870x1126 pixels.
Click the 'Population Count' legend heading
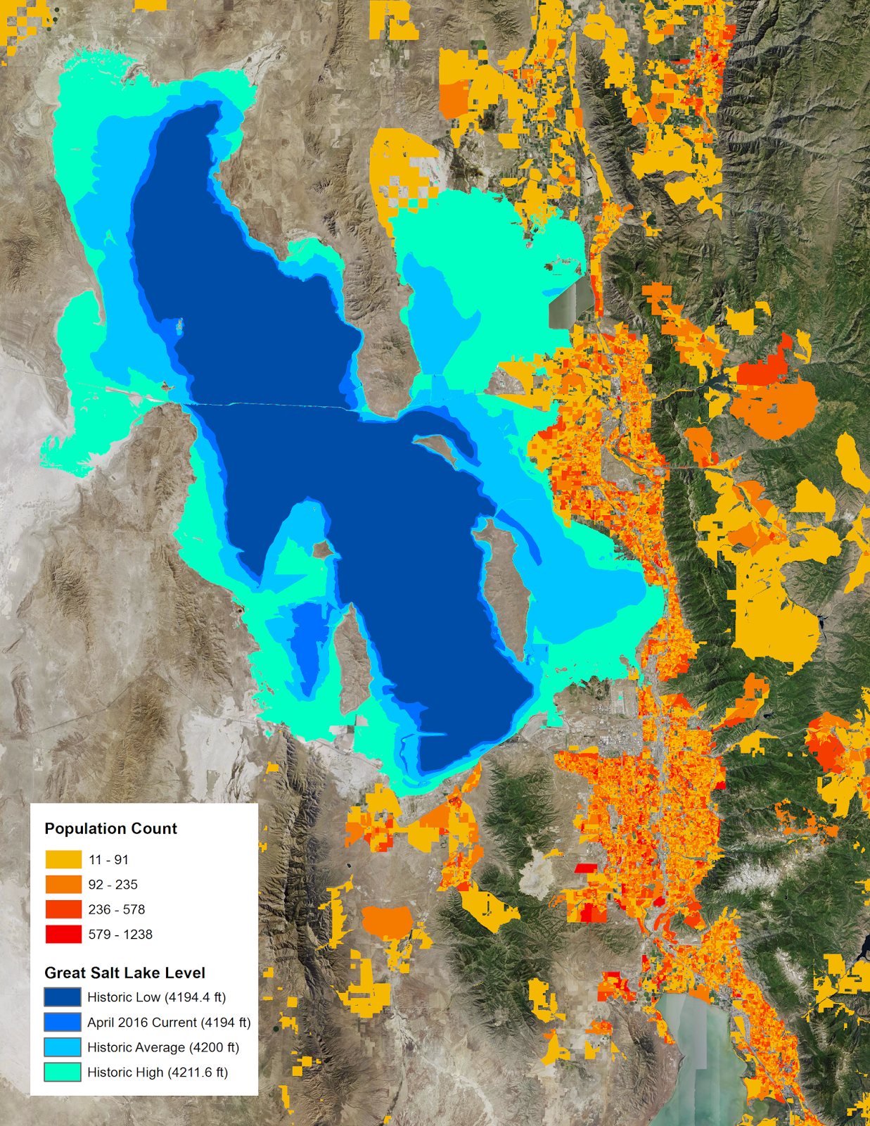coord(110,828)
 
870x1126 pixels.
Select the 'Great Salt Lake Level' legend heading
coord(124,973)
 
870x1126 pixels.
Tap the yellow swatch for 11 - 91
coord(63,859)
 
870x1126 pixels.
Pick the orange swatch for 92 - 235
coord(63,885)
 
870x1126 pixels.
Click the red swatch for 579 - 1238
coord(63,935)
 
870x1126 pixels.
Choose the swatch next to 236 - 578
coord(63,909)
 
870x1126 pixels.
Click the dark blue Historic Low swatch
coord(63,997)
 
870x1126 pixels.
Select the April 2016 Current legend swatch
coord(63,1023)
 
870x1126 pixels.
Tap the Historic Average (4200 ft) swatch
coord(63,1047)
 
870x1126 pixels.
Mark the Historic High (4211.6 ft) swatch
coord(63,1073)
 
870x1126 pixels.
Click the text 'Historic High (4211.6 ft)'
coord(158,1073)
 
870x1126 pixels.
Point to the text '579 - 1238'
coord(120,935)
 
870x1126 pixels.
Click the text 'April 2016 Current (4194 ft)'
coord(169,1023)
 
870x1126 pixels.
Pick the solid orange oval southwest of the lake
coord(386,921)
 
